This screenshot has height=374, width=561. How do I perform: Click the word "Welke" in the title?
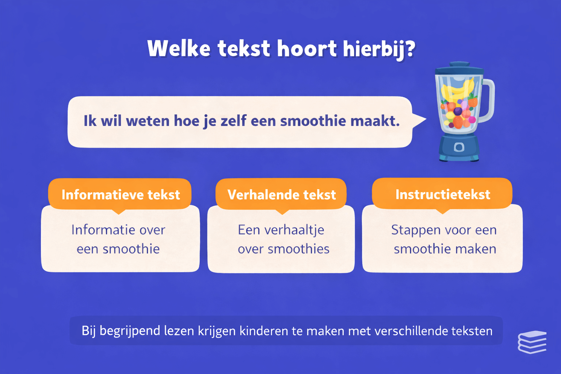click(179, 49)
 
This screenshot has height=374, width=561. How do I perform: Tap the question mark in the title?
click(410, 48)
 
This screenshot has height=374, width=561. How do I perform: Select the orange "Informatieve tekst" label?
click(121, 195)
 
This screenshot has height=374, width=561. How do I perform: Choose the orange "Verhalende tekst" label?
click(282, 195)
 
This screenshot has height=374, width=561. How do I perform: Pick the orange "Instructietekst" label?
click(443, 194)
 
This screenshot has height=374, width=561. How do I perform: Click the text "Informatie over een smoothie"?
click(118, 239)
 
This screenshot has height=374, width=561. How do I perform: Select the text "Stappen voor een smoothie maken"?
click(444, 239)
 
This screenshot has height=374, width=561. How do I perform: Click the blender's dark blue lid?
click(459, 69)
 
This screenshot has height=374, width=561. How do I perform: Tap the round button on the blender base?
click(459, 147)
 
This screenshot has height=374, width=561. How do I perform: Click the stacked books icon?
click(532, 342)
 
